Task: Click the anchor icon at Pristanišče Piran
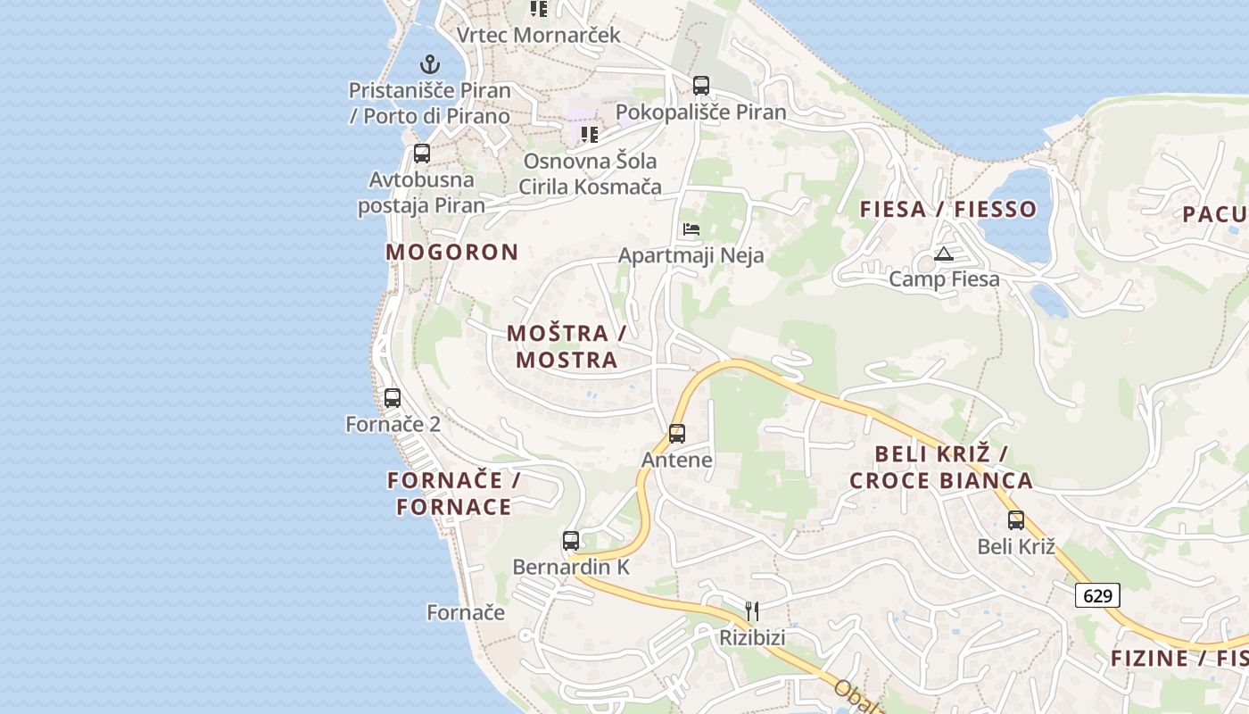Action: click(430, 64)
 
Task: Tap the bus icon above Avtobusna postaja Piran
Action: click(422, 154)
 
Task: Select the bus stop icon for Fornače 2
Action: click(393, 398)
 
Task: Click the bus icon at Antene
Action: click(677, 434)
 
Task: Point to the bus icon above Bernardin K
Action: click(571, 541)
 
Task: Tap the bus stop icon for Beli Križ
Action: click(1016, 520)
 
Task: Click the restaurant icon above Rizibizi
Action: click(752, 611)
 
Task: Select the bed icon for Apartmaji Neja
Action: click(691, 229)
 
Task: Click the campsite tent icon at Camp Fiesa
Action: click(944, 254)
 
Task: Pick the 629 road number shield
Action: click(1097, 595)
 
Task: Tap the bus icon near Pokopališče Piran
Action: click(701, 86)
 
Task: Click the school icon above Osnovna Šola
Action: click(590, 135)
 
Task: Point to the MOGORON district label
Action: click(452, 252)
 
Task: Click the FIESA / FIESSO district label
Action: click(948, 210)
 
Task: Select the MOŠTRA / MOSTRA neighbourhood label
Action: click(567, 346)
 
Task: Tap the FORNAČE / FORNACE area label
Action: click(454, 494)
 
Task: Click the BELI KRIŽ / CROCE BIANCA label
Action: click(941, 467)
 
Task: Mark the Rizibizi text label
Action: click(753, 638)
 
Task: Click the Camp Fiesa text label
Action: click(944, 279)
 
